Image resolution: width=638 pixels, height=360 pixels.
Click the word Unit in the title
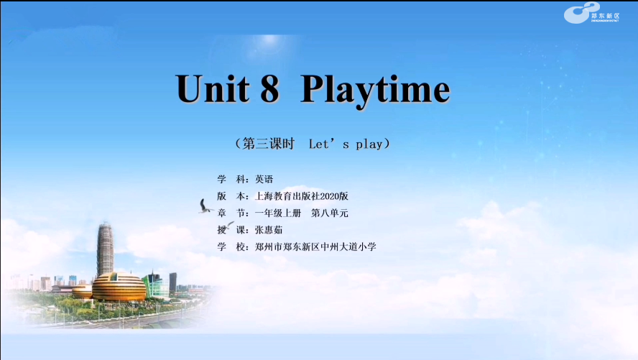tap(213, 88)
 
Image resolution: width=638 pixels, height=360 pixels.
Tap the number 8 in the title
tap(269, 88)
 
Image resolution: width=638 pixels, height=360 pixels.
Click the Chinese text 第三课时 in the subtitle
tap(268, 144)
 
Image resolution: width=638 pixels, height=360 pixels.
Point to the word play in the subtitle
tap(369, 144)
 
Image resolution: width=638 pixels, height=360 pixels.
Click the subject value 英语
tap(264, 180)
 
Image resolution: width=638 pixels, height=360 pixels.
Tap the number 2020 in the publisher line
tap(330, 196)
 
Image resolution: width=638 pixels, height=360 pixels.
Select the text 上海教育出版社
tap(287, 196)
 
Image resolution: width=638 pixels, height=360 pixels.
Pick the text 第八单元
tap(330, 213)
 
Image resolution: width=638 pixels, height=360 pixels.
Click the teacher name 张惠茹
tap(269, 230)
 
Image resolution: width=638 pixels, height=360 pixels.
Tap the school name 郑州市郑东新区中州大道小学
tap(315, 247)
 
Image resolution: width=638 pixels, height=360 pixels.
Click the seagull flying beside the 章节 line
tap(205, 206)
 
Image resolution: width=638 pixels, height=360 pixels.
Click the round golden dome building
tap(119, 287)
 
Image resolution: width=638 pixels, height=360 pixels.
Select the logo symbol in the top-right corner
tap(581, 13)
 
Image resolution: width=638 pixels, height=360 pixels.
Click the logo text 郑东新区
tap(606, 16)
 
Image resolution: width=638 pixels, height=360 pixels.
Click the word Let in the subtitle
tap(318, 144)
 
